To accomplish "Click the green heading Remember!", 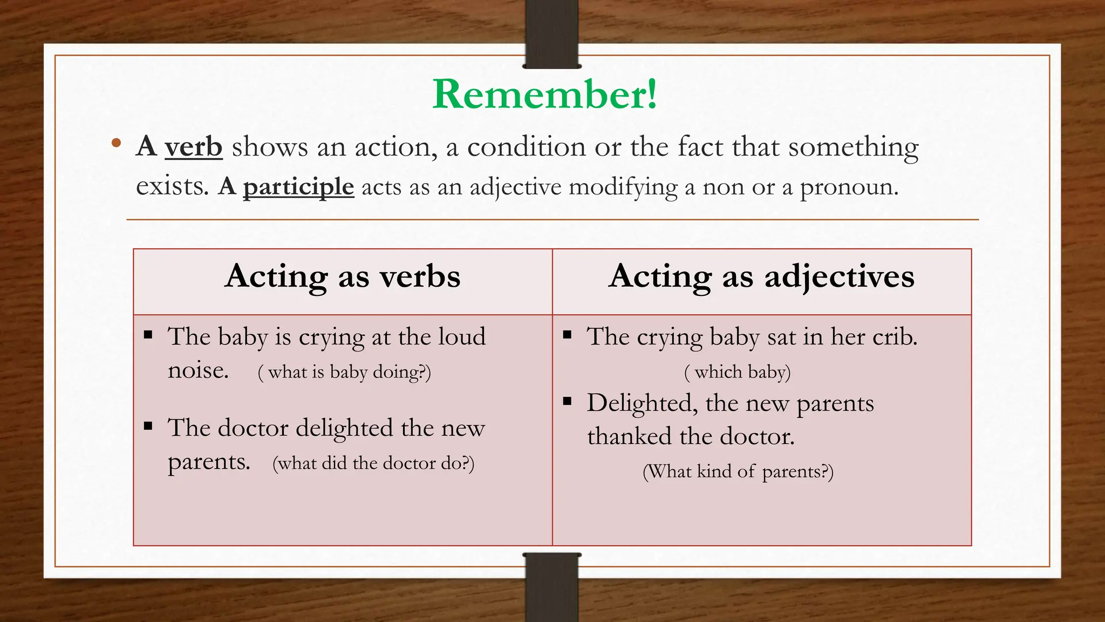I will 545,94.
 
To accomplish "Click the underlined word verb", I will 193,147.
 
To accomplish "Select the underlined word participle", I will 298,187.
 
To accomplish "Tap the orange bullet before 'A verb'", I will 116,144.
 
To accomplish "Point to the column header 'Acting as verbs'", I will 343,277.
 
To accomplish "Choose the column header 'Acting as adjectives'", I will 761,277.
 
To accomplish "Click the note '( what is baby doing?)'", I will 344,372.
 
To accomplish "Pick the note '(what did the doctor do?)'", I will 373,463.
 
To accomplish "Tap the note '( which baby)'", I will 737,372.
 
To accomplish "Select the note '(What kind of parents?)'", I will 738,471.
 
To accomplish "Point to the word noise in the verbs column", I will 198,371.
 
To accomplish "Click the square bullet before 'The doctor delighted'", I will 148,427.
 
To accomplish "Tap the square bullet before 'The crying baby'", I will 567,335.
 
